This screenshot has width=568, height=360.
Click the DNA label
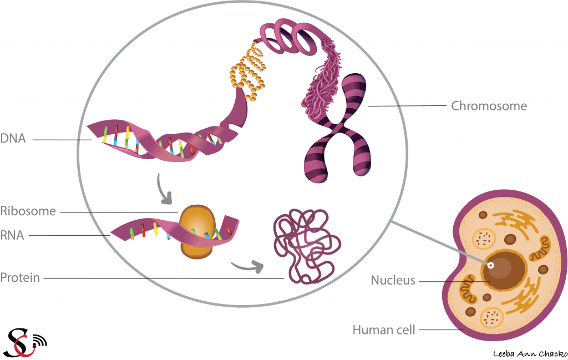(13, 139)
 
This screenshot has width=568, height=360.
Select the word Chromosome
(489, 105)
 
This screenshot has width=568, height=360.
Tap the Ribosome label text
(28, 211)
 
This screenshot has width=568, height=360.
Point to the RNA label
(12, 236)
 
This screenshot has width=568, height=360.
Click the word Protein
(20, 277)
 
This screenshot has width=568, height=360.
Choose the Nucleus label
(393, 281)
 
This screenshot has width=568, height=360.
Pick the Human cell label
(384, 330)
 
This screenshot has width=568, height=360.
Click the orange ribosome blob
(195, 231)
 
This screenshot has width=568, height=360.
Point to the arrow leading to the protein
(246, 267)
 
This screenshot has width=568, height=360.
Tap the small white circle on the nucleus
(491, 265)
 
